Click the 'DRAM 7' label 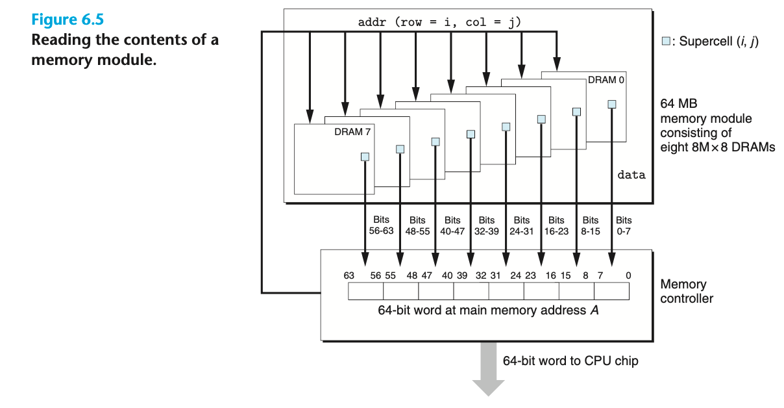(353, 131)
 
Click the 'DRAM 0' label (607, 80)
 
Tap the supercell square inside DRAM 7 (365, 157)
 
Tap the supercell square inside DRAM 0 (611, 104)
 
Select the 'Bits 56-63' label (382, 225)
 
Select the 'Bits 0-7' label (624, 225)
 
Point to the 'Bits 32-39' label (487, 225)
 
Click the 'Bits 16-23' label (556, 225)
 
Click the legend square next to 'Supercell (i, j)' (665, 42)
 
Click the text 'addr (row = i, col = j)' (439, 23)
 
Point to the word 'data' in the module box (631, 175)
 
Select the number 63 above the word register (349, 275)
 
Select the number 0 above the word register (628, 275)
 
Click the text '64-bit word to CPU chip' (570, 361)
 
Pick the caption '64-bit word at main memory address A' (488, 311)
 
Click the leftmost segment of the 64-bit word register (366, 292)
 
